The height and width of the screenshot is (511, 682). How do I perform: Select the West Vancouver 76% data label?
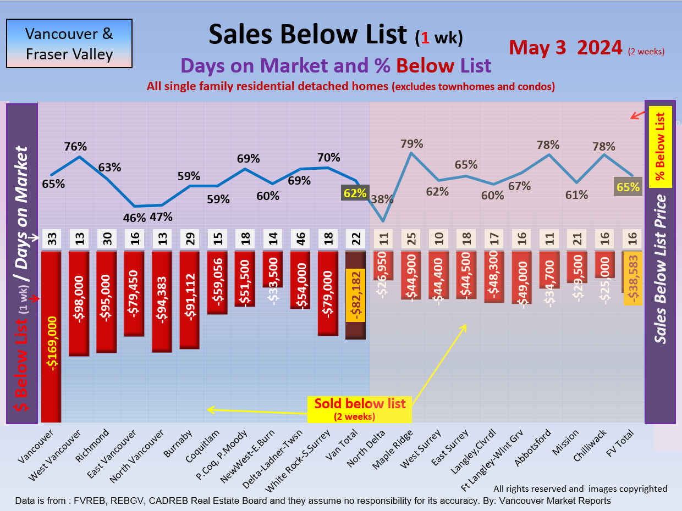[x=75, y=147]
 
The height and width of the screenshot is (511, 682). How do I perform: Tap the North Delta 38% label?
[x=382, y=200]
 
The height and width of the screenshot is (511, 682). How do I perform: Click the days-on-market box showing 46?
[x=300, y=240]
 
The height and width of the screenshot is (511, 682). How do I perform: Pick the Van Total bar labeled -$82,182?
[x=355, y=295]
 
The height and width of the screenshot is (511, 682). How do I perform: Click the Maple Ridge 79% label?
[x=412, y=144]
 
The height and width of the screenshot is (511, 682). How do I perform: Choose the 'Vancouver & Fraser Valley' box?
[x=69, y=44]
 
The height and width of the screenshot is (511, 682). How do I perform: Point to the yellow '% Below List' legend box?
[x=661, y=147]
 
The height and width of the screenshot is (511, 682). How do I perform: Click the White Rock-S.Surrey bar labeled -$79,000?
[x=328, y=293]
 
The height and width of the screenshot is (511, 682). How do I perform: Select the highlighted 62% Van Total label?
[x=355, y=193]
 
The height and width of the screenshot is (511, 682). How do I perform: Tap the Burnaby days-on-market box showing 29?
[x=189, y=240]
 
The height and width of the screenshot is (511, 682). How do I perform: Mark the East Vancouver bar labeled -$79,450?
[x=134, y=293]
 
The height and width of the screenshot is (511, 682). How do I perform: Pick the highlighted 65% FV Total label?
[x=628, y=187]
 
